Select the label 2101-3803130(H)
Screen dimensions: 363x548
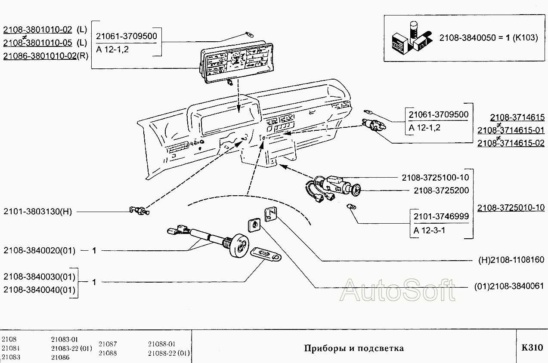(37, 212)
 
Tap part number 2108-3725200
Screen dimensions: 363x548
(441, 190)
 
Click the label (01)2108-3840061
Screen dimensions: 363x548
(509, 286)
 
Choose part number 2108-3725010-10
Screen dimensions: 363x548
(511, 208)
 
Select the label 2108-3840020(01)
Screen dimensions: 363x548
(39, 250)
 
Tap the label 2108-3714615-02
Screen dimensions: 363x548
(511, 143)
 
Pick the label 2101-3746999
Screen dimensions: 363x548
(441, 216)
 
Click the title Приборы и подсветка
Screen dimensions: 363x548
(354, 348)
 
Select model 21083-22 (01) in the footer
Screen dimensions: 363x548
(71, 348)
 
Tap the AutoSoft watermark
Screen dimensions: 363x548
(397, 290)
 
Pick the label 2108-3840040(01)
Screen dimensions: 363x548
(39, 290)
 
